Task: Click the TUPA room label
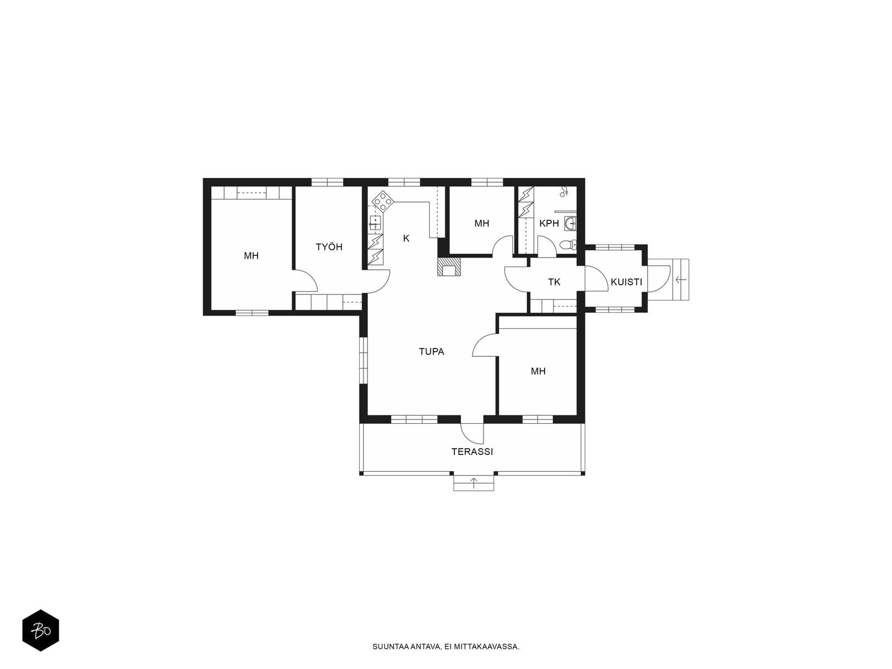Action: [x=431, y=352]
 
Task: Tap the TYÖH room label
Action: [x=329, y=247]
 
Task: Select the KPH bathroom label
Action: [x=549, y=224]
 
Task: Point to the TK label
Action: [x=554, y=282]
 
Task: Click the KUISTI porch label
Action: [x=626, y=282]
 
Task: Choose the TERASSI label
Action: [x=472, y=452]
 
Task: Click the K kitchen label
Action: [x=406, y=239]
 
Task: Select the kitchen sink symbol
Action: [x=375, y=223]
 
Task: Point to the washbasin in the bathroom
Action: [x=570, y=223]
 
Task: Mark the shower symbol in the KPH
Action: [x=564, y=192]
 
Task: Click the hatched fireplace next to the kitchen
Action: [x=449, y=267]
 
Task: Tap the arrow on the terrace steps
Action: [x=474, y=483]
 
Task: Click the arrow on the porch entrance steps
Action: [x=680, y=279]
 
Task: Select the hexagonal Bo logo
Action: [x=41, y=631]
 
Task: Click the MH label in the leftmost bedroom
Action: [x=251, y=256]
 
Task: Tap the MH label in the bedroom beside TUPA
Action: [x=538, y=371]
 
